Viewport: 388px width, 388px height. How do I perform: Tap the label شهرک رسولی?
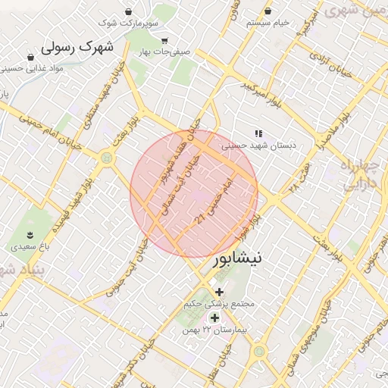tap(77, 48)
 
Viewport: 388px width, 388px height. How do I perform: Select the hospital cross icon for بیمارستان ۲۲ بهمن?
tap(214, 318)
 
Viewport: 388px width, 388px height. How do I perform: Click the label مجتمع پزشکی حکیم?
tap(221, 305)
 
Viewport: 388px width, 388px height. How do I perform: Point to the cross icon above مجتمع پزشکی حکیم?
tap(220, 292)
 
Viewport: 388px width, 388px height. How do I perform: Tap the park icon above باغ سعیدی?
tap(30, 233)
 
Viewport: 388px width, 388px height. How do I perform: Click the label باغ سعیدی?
tap(30, 246)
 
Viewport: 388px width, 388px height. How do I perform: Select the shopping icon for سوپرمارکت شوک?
tap(128, 12)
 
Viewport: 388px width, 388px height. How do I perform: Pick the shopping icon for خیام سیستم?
tap(271, 11)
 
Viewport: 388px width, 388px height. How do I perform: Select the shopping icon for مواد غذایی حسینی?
tap(30, 57)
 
